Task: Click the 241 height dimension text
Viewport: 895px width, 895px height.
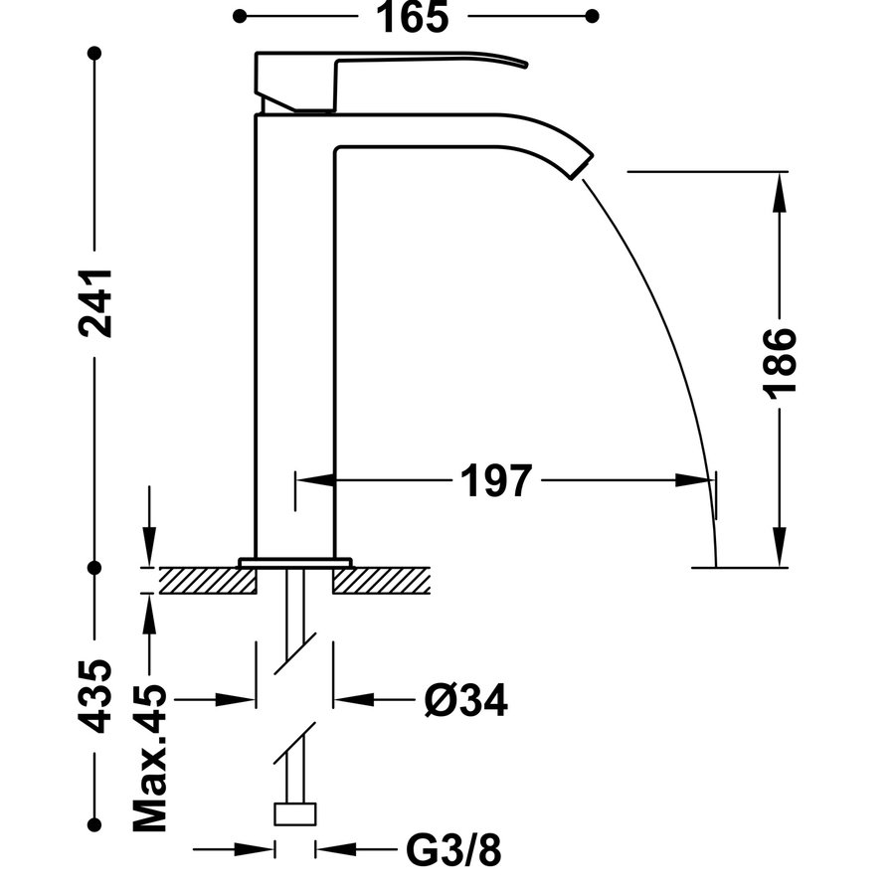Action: [95, 303]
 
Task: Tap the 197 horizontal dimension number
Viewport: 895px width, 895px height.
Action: [496, 481]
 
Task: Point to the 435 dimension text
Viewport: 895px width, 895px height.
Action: [95, 695]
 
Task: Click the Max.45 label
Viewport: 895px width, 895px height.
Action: [150, 757]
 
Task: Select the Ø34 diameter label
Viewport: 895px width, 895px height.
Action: [464, 701]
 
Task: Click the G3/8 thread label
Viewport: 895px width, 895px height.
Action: [453, 850]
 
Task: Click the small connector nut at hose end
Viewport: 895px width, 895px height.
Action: [295, 814]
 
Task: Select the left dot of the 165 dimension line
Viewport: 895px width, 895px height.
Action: [240, 16]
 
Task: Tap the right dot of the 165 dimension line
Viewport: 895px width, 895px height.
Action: [593, 16]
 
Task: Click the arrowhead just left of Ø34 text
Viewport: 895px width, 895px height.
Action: [348, 699]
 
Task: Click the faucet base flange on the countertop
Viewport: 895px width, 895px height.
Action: [295, 562]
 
